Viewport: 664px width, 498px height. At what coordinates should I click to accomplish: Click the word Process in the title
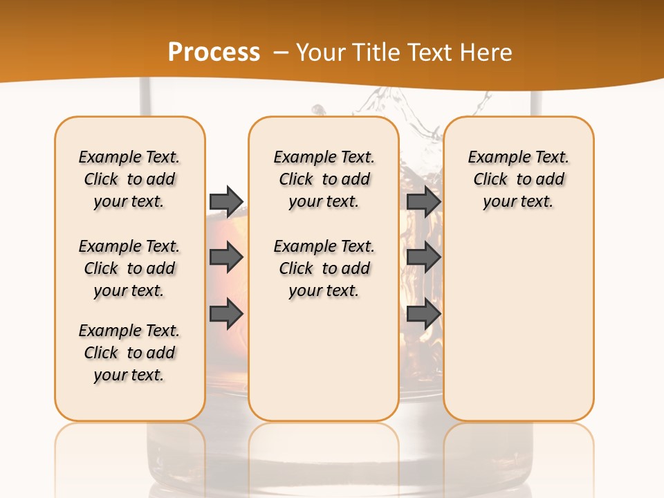click(214, 52)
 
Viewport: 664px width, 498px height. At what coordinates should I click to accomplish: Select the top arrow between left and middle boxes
click(226, 201)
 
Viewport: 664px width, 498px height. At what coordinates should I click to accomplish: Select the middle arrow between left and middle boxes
click(226, 257)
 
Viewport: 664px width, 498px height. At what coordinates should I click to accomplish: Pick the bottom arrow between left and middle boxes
click(226, 314)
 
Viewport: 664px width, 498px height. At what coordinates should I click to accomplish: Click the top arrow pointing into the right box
click(424, 201)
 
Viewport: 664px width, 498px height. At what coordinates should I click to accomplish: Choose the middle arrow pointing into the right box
click(424, 257)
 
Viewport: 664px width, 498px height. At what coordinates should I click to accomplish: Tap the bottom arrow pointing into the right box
click(424, 314)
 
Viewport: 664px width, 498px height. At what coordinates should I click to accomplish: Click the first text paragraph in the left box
click(129, 179)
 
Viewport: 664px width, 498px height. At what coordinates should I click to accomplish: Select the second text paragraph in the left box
click(129, 268)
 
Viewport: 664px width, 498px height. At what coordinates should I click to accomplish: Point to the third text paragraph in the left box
click(129, 353)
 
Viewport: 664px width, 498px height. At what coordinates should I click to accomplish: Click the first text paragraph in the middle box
click(324, 179)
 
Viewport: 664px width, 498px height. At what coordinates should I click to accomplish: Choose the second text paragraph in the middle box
click(324, 268)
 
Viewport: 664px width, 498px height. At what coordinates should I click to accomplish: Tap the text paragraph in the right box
click(518, 179)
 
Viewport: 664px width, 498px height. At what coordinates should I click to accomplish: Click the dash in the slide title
click(282, 52)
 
